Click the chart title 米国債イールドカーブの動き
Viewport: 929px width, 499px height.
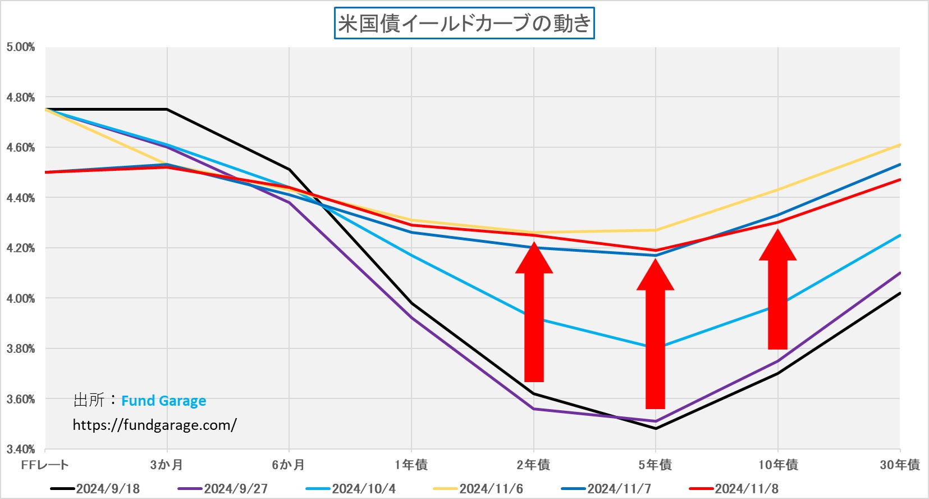464,24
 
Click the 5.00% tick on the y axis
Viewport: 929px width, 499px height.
21,47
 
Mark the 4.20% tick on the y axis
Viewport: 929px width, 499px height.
21,248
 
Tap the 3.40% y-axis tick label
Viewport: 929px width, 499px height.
21,450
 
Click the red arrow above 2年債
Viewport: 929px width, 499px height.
534,315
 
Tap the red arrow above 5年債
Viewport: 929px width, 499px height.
655,337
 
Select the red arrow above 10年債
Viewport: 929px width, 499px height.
777,292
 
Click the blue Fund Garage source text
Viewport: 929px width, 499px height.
163,401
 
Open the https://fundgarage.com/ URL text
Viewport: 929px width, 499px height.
154,425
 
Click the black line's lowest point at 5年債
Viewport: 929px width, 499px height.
656,429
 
